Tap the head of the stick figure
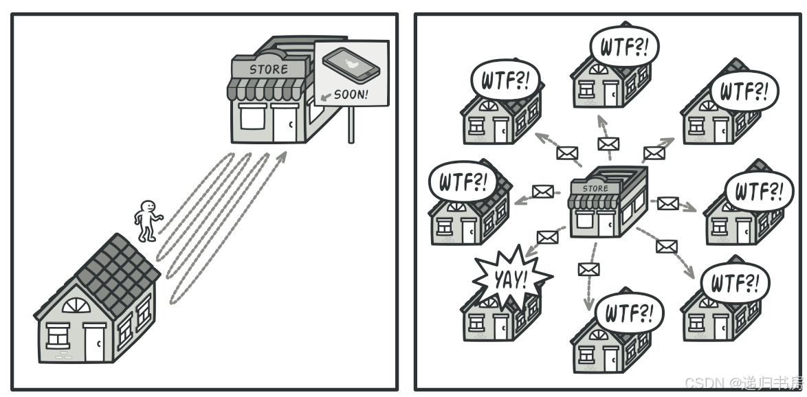point(148,207)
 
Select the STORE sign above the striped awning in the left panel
point(269,69)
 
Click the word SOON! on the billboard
point(351,94)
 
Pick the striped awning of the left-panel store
point(265,89)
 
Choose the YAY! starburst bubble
point(510,278)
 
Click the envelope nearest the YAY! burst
point(547,238)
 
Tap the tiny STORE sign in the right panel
point(595,188)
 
